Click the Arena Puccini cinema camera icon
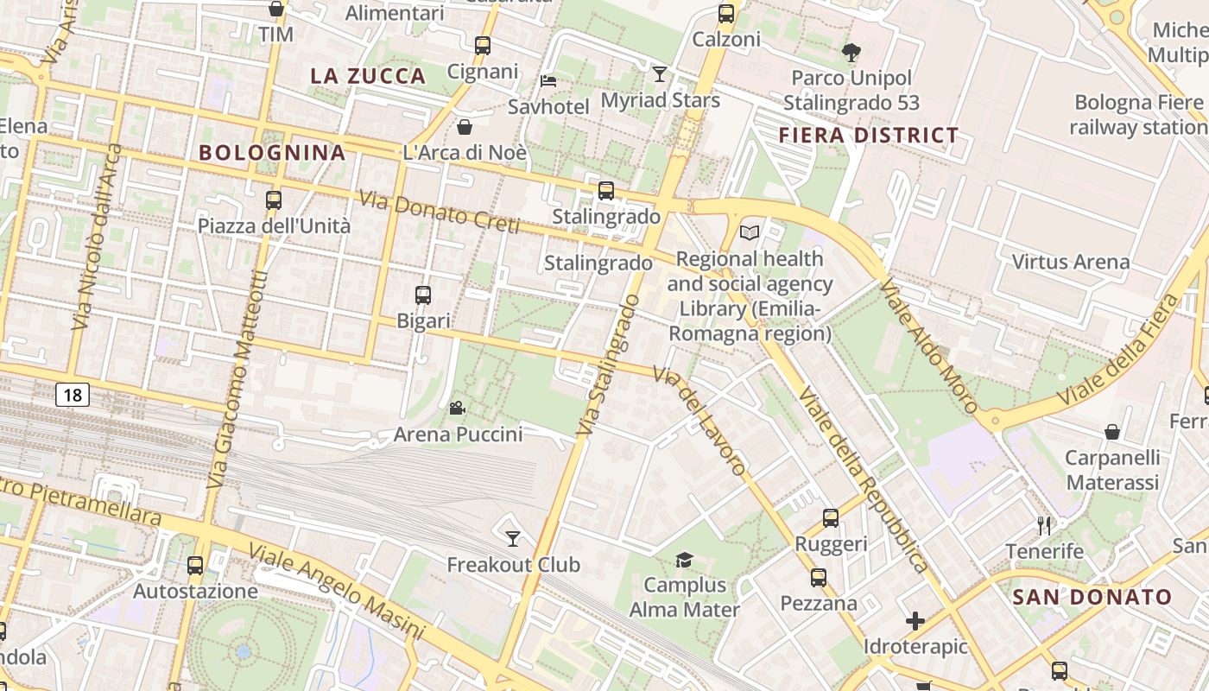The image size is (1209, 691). (457, 408)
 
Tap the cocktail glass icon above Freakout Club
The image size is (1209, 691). (513, 539)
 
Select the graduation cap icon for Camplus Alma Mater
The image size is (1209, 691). (684, 560)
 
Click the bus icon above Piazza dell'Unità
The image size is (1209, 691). (274, 200)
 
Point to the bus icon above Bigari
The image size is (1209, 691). (423, 295)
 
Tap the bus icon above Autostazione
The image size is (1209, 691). (195, 566)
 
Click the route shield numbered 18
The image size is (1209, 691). (73, 396)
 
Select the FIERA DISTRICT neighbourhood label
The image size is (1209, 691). (869, 136)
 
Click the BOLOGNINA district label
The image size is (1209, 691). (272, 153)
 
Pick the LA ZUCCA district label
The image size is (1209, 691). (368, 76)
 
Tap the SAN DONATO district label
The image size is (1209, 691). (1092, 597)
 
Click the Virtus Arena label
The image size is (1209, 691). (1070, 262)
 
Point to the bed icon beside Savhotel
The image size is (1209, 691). (548, 82)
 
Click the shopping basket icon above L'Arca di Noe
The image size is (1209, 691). (465, 128)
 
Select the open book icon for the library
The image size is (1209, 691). (750, 232)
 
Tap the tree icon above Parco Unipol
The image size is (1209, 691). (851, 53)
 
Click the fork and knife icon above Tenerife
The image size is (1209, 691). (1044, 525)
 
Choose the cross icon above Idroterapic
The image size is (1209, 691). (915, 621)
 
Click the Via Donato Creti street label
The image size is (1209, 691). (439, 212)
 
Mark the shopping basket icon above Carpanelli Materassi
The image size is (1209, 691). (1112, 432)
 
